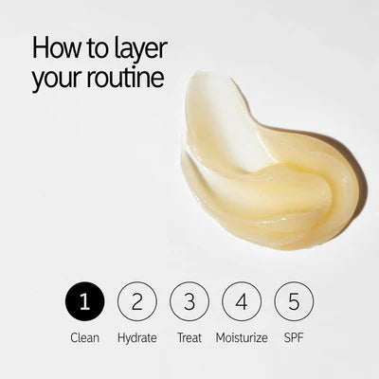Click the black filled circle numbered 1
[84, 301]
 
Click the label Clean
[84, 337]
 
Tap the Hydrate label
[137, 338]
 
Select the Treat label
[189, 337]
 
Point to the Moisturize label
[242, 337]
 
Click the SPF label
[294, 337]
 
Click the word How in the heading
[57, 47]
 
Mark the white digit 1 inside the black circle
[83, 301]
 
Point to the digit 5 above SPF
[294, 301]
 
